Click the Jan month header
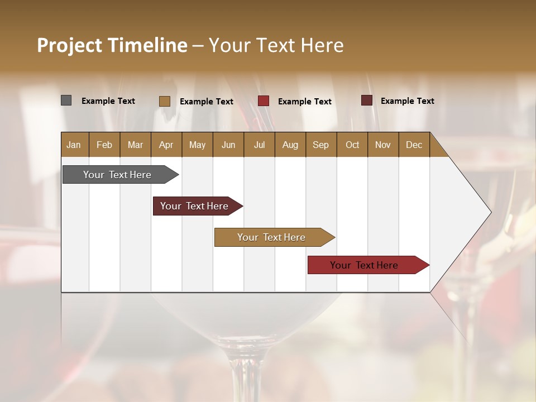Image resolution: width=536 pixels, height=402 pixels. (x=74, y=145)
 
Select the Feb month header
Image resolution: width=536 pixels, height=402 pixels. (x=104, y=145)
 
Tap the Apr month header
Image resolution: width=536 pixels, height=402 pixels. (x=166, y=145)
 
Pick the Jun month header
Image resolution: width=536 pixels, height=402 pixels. (x=228, y=145)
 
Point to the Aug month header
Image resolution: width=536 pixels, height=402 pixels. (x=290, y=145)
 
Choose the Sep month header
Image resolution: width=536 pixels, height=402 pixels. (x=320, y=145)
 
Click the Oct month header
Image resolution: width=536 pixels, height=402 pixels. (x=352, y=145)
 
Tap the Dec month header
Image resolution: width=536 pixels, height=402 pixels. (x=414, y=145)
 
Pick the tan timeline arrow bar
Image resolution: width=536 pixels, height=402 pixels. (x=272, y=237)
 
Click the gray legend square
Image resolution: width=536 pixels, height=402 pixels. (x=66, y=100)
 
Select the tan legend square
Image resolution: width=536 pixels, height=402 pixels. (x=165, y=101)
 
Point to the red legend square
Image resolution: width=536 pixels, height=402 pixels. (x=264, y=101)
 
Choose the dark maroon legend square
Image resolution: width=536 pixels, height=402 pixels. (x=367, y=100)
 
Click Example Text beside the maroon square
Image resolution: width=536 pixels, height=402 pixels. (x=407, y=101)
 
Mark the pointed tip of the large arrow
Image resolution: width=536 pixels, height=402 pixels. (x=490, y=212)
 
